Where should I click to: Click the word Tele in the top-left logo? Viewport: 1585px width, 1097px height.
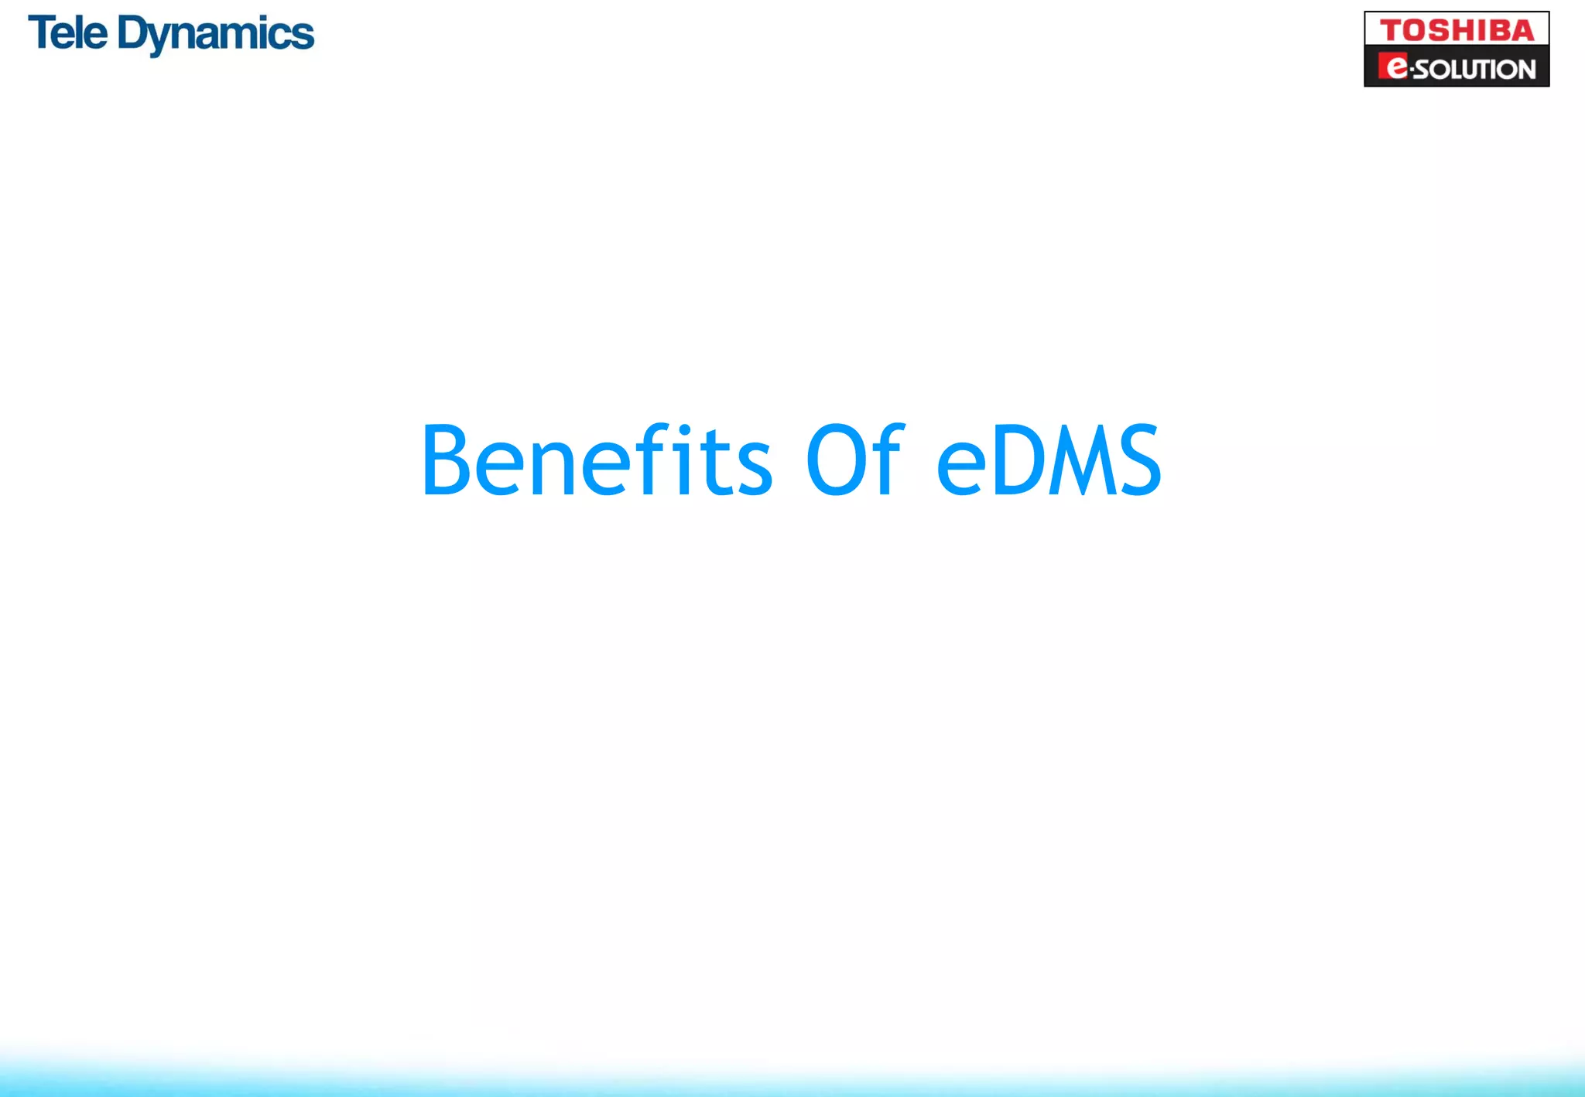[67, 34]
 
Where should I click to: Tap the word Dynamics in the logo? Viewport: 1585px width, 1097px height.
[216, 36]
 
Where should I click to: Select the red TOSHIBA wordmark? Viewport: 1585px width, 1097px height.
[1457, 31]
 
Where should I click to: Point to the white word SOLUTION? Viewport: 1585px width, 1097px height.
[1475, 70]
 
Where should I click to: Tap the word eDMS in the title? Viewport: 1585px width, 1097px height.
[1049, 461]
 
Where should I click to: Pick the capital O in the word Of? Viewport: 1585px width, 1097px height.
[834, 461]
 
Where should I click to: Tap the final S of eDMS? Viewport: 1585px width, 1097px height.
[1136, 461]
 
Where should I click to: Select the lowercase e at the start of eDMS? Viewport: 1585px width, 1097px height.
[960, 469]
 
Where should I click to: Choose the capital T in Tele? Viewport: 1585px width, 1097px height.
[42, 34]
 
